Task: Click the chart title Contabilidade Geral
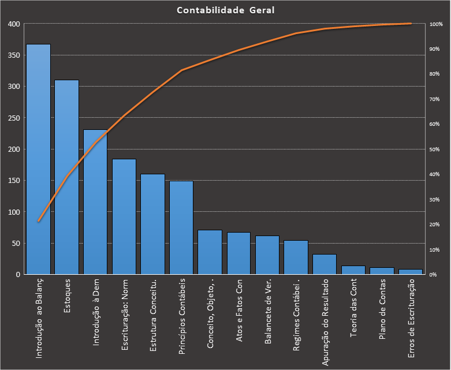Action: pos(225,10)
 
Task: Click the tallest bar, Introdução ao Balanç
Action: pos(38,159)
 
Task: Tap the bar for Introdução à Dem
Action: pos(95,201)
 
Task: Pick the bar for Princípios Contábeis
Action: pos(181,227)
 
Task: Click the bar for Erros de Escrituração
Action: pos(411,271)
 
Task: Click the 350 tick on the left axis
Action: pos(13,55)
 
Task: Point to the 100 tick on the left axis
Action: pos(13,212)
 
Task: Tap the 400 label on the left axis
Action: pos(13,24)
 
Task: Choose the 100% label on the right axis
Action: pos(436,24)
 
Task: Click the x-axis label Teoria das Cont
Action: pos(353,309)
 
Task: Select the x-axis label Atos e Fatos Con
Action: pos(238,311)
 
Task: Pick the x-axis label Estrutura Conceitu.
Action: pos(152,315)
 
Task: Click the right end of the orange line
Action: pos(411,24)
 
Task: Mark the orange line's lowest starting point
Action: pos(38,221)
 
